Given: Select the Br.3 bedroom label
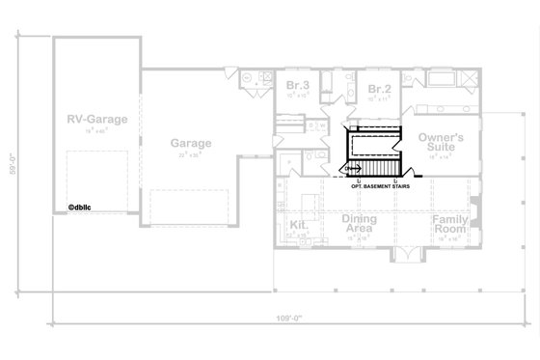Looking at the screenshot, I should point(297,89).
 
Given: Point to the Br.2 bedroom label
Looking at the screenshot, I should point(378,89).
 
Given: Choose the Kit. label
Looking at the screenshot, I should point(297,224).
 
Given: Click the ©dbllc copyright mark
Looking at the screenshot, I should point(81,205).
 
